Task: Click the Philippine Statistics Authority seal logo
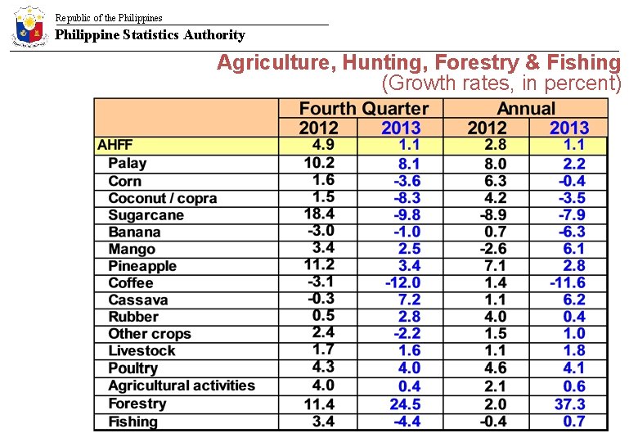[30, 27]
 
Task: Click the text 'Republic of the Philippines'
[109, 17]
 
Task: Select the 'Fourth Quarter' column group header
[363, 109]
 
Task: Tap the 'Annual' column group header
[526, 109]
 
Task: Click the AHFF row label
[115, 145]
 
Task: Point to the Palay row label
[127, 163]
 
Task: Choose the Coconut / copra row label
[162, 198]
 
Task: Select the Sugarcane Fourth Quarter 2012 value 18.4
[319, 214]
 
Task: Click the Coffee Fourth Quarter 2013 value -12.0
[403, 282]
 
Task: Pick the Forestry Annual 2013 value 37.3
[569, 404]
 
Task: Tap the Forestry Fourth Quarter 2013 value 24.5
[405, 404]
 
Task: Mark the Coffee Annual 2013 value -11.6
[568, 282]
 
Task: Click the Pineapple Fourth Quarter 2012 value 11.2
[319, 264]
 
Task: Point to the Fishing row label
[133, 422]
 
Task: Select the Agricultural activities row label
[182, 386]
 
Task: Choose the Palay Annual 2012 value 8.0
[496, 164]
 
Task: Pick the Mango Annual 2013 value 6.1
[574, 249]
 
